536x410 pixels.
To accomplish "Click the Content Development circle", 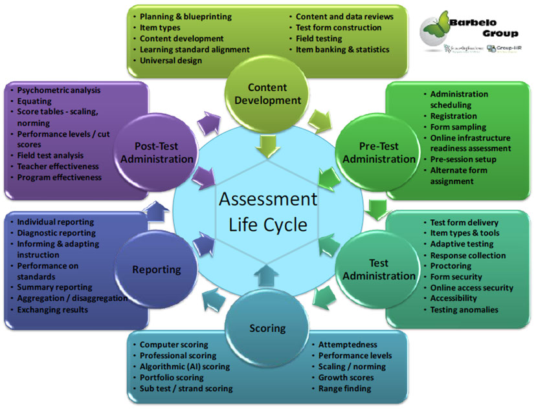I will coord(267,94).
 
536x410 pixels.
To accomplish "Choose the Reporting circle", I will coord(156,269).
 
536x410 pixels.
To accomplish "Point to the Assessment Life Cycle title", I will coord(267,212).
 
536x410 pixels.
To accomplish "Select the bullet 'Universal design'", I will coord(171,61).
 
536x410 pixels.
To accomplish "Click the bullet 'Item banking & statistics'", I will coord(342,50).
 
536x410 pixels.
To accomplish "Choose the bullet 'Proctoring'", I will coord(451,266).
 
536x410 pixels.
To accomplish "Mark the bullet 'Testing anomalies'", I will coord(464,310).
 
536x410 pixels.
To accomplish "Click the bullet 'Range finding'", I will coord(344,389).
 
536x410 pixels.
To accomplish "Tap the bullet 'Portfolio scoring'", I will coord(172,378).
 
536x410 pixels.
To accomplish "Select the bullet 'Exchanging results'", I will coord(52,310).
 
